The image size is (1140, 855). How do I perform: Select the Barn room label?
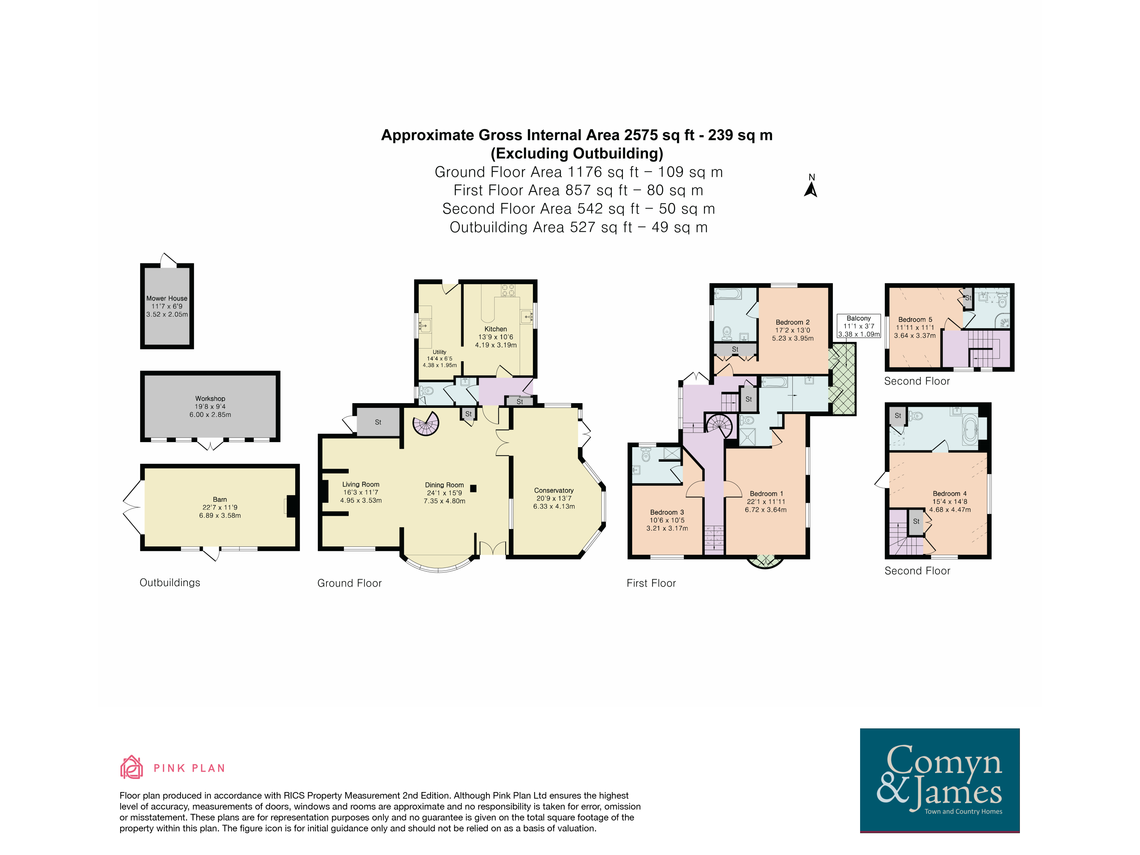click(220, 500)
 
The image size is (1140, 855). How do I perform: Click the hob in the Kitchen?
click(508, 290)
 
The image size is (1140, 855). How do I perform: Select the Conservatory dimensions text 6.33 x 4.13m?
click(554, 507)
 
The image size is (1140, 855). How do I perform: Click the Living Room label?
click(361, 485)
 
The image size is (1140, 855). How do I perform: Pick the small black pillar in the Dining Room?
click(473, 489)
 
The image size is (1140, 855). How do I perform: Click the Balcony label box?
click(859, 326)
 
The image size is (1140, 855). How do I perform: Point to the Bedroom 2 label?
click(793, 322)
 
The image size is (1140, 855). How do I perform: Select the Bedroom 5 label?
click(915, 320)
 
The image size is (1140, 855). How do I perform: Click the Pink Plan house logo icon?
click(131, 767)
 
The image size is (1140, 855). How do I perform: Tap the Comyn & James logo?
click(939, 780)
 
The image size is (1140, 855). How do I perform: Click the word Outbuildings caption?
click(170, 582)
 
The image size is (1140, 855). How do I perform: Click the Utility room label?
click(440, 352)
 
